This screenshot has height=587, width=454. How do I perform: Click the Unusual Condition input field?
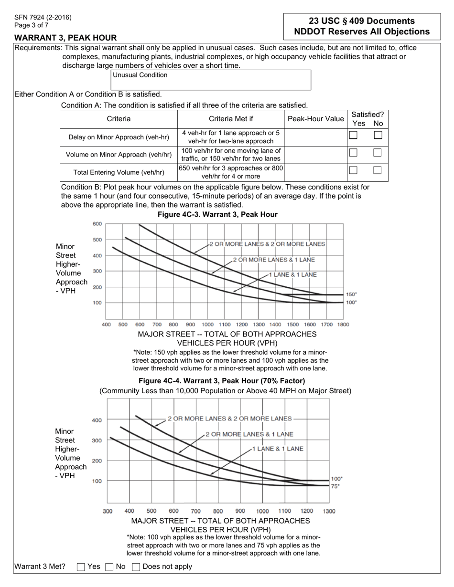pos(211,80)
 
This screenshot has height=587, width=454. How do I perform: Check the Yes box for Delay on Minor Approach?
pos(353,135)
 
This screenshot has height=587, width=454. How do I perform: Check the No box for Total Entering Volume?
pos(378,170)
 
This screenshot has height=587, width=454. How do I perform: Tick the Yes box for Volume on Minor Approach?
pos(353,153)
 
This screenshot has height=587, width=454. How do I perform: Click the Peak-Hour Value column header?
pos(315,119)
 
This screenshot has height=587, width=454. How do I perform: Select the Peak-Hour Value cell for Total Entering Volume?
pos(315,172)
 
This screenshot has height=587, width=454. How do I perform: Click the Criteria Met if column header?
pos(231,119)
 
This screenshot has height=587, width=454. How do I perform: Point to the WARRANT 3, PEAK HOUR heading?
pos(65,38)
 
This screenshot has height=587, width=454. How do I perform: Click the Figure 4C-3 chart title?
pos(217,215)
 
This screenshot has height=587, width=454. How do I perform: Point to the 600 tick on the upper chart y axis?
pos(97,224)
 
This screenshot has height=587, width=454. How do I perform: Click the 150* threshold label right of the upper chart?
pos(351,294)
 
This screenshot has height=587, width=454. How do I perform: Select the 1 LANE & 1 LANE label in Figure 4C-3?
pos(292,275)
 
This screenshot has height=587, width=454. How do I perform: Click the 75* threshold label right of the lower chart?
pos(335,486)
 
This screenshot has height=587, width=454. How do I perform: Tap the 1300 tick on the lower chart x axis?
pos(329,511)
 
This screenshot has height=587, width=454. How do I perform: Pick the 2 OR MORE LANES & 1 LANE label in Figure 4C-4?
pos(249,434)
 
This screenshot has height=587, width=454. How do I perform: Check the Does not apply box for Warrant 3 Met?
pos(136,567)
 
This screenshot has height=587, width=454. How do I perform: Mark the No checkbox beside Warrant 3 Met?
pos(109,567)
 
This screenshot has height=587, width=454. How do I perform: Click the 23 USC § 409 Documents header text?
pos(362,21)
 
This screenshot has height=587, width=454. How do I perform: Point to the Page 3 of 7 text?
pos(31,25)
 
